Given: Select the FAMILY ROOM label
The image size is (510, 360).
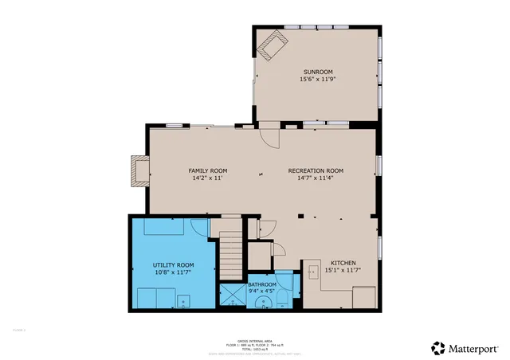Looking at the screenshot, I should [208, 170].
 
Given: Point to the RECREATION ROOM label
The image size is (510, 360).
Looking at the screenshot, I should [316, 170].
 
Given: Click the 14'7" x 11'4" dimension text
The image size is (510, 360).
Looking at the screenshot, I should [316, 178].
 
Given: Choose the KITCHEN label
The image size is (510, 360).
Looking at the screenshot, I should [343, 263].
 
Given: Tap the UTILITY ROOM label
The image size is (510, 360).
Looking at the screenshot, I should [173, 264].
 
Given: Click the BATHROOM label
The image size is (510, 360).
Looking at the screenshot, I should [262, 284].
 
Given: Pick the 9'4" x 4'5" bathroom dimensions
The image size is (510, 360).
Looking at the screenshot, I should [262, 292].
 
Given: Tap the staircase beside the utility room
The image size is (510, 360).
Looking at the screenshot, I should [229, 254].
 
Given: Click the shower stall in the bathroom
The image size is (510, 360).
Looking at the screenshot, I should [233, 296].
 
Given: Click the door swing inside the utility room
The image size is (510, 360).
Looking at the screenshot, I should [200, 227].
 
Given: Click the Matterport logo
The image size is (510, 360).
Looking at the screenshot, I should [466, 347].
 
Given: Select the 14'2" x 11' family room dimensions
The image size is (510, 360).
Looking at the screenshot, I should [208, 178].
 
